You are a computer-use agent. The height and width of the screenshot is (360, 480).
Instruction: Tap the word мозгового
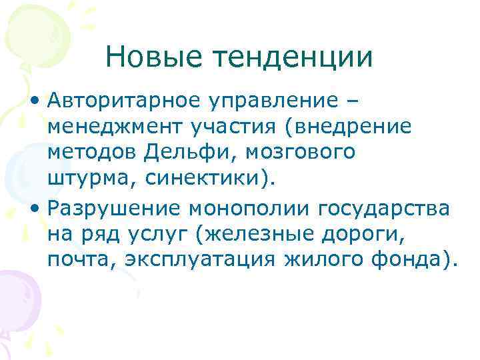click(301, 153)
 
